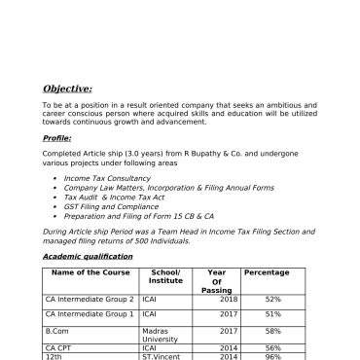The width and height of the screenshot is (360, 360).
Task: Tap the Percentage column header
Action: point(239,272)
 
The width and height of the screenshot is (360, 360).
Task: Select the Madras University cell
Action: point(161,337)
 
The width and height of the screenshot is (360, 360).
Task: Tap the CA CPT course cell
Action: point(59,347)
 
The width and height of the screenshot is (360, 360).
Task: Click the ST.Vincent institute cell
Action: point(162,356)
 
